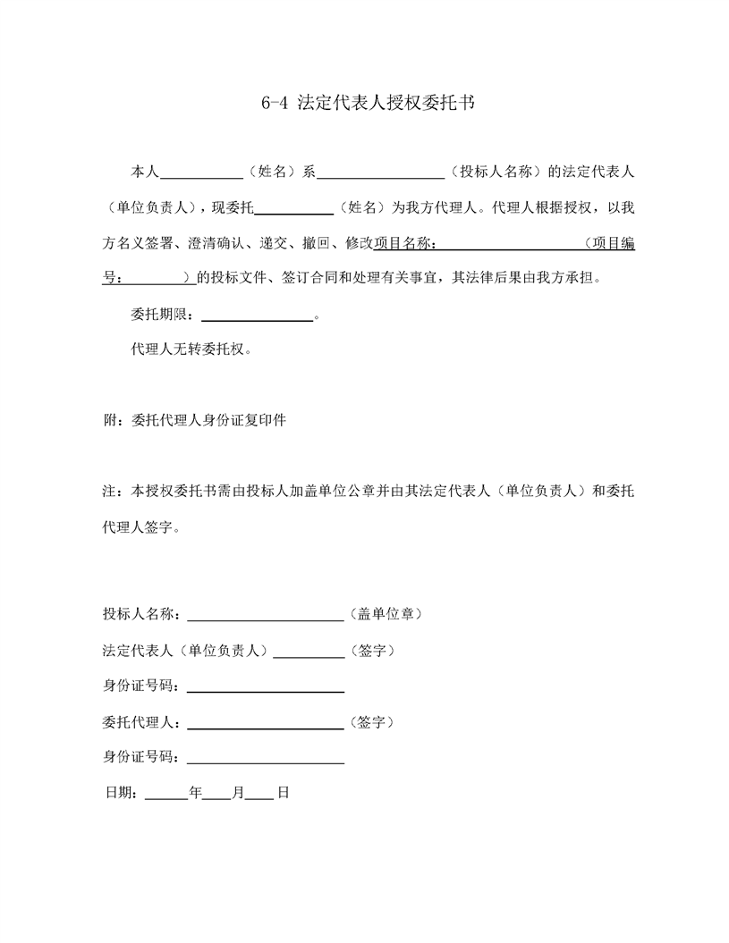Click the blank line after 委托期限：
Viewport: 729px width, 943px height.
click(259, 315)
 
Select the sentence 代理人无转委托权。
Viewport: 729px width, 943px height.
click(191, 349)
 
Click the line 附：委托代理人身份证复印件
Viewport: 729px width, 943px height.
click(195, 419)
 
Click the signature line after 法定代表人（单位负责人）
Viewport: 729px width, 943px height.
click(309, 653)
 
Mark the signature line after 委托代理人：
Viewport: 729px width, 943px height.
click(266, 724)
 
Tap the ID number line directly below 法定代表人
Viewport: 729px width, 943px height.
click(266, 689)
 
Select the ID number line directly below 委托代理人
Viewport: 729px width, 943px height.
click(266, 761)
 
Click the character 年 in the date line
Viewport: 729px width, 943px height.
click(196, 793)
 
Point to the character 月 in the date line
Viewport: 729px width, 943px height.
click(238, 793)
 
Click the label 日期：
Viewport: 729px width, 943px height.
click(122, 793)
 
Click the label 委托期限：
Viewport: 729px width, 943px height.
click(166, 315)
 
